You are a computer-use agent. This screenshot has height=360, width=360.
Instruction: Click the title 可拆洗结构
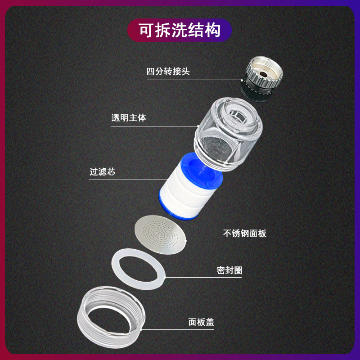click(x=180, y=31)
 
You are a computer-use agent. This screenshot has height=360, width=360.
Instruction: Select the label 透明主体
click(x=129, y=118)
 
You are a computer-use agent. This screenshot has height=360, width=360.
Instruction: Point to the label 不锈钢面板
click(x=245, y=234)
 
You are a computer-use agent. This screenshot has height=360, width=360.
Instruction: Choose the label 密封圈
click(x=229, y=270)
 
